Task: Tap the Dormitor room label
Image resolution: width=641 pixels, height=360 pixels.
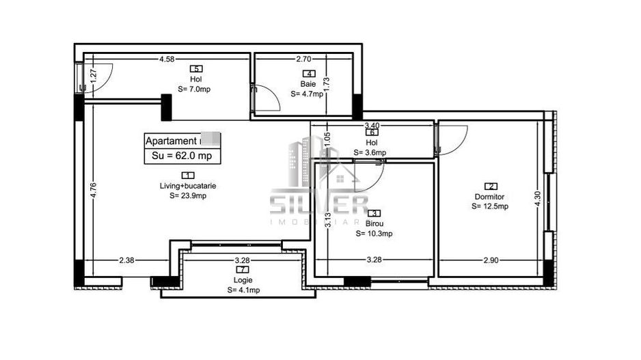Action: click(490, 196)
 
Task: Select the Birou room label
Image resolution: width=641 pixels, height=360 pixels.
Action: click(374, 223)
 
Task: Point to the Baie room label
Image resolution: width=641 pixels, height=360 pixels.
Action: click(307, 84)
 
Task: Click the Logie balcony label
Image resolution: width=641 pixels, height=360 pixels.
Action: click(243, 279)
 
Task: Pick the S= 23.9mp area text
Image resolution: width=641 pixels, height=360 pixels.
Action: click(188, 195)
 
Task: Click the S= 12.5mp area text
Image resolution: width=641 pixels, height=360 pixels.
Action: click(490, 206)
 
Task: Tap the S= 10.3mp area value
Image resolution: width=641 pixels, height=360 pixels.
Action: click(374, 234)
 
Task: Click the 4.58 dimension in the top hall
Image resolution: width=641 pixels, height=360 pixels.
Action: click(167, 60)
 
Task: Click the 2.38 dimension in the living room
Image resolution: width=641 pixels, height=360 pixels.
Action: click(127, 260)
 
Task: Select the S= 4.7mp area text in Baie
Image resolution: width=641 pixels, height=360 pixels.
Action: click(307, 94)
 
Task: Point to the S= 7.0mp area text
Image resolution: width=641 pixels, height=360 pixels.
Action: click(194, 89)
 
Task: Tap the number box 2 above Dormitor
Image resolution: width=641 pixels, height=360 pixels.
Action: click(490, 186)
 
